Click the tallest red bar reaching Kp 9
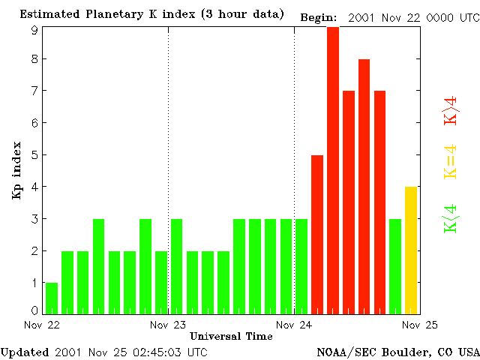333,169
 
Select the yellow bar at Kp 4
411,250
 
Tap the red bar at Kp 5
317,234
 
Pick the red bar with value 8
364,186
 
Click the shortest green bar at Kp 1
52,298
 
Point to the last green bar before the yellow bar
395,266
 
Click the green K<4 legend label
451,219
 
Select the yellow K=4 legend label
451,161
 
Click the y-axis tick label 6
34,122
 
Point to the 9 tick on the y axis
34,30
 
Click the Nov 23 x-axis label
168,325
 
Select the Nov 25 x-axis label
420,325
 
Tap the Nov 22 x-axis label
43,325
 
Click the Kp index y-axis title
16,170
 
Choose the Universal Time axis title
231,336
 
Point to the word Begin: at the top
319,17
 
